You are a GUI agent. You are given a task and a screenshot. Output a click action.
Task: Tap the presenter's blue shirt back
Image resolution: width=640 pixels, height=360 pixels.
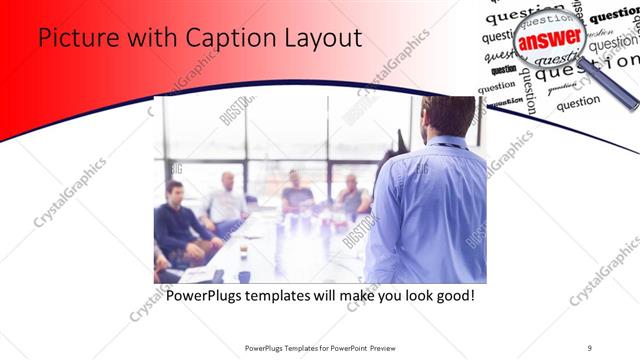click(430, 210)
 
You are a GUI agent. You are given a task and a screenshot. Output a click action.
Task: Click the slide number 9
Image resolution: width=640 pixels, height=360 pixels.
click(590, 347)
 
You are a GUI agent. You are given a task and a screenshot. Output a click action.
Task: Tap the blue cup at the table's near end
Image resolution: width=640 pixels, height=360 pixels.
click(243, 277)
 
